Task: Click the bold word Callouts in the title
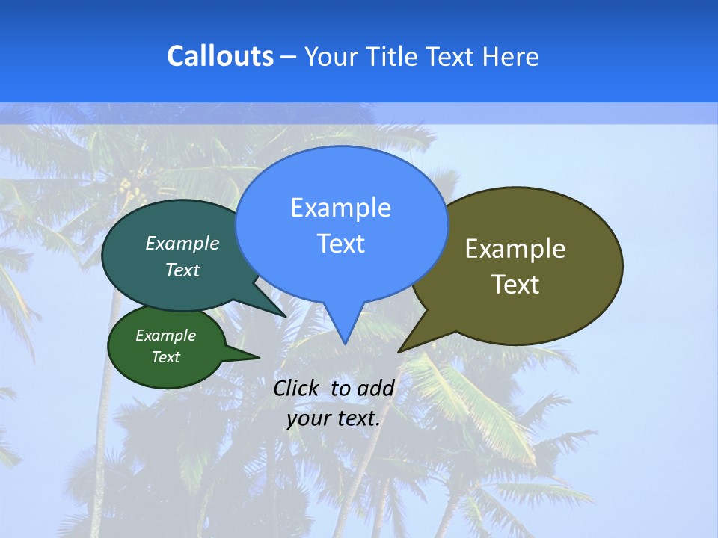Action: click(x=221, y=56)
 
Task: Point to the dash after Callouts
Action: click(x=289, y=57)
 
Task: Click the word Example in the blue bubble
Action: click(x=340, y=208)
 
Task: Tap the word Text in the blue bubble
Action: click(x=340, y=244)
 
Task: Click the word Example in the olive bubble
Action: click(x=515, y=249)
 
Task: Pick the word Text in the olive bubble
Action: click(x=515, y=285)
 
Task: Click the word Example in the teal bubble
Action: click(x=182, y=243)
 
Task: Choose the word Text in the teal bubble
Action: click(x=182, y=270)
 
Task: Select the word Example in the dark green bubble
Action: click(x=166, y=336)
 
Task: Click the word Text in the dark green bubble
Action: click(x=166, y=357)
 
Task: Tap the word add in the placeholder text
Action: click(x=375, y=388)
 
